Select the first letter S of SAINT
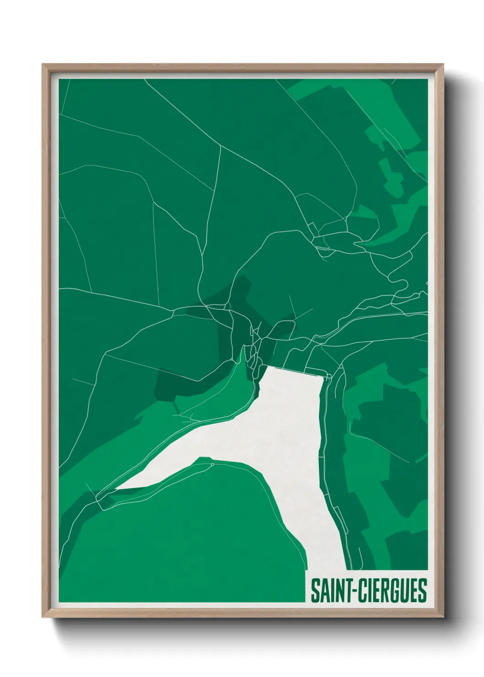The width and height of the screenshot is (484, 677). click(315, 591)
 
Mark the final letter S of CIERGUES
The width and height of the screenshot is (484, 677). click(422, 591)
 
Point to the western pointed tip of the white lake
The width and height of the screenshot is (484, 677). click(116, 489)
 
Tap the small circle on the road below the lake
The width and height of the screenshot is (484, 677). click(212, 465)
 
